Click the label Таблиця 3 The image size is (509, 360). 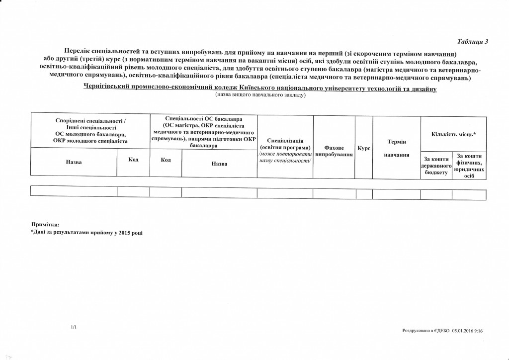click(473, 41)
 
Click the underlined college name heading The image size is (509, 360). click(260, 88)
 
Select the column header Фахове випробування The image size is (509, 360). click(334, 151)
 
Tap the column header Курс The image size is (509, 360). click(364, 148)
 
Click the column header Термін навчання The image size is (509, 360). click(397, 148)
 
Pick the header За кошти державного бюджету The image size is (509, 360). click(436, 165)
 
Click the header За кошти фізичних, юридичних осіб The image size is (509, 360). click(470, 166)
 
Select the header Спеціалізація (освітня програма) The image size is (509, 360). click(285, 144)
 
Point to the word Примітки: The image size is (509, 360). click(45, 225)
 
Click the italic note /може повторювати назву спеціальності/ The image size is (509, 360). click(285, 159)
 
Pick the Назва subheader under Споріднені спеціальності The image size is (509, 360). click(74, 162)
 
